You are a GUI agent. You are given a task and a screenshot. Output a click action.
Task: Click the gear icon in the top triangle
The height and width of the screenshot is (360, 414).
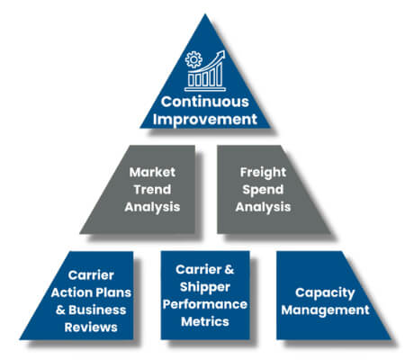click(193, 60)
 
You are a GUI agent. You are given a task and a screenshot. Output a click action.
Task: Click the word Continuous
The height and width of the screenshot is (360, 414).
click(205, 102)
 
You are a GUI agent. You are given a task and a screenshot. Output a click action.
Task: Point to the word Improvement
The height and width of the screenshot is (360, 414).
click(205, 119)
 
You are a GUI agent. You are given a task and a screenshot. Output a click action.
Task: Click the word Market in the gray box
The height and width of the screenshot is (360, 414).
click(150, 172)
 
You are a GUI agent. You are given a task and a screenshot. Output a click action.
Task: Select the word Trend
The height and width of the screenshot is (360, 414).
click(150, 189)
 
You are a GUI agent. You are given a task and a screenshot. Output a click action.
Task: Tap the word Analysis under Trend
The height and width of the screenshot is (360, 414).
click(150, 206)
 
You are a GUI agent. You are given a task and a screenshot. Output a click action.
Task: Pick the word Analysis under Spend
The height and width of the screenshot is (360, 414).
click(263, 206)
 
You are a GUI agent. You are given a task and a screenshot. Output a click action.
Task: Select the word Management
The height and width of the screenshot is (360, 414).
click(325, 309)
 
